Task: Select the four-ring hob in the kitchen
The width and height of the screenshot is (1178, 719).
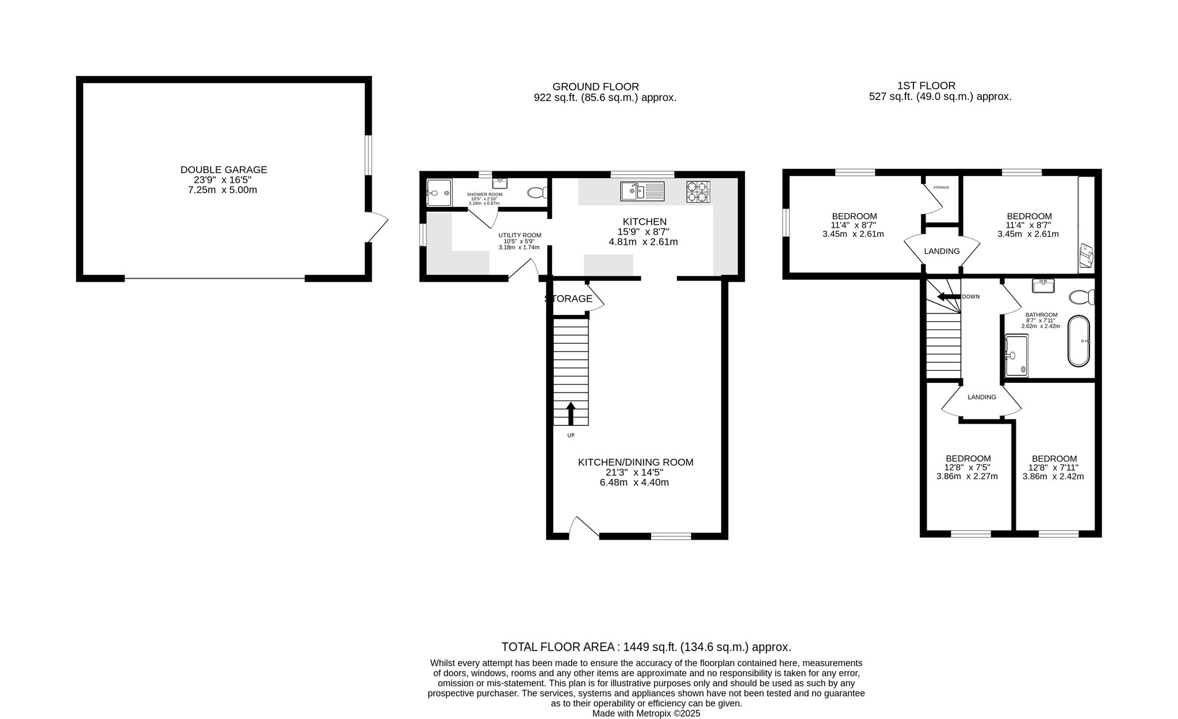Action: (698, 191)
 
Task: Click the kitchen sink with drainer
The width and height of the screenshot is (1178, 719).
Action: (642, 191)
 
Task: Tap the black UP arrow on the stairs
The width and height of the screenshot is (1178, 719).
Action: (571, 413)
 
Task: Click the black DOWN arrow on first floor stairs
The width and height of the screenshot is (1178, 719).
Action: (949, 297)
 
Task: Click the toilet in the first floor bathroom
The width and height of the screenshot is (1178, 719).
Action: (1081, 297)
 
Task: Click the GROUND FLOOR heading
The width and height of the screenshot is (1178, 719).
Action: (596, 87)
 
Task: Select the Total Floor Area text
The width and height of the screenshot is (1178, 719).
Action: (647, 647)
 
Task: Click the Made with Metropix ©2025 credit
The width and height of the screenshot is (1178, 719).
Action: (647, 713)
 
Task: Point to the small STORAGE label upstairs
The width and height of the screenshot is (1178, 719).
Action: (941, 187)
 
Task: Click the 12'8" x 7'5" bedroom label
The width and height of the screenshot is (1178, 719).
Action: (968, 467)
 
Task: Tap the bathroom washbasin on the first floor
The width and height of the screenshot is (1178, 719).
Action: (1043, 286)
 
